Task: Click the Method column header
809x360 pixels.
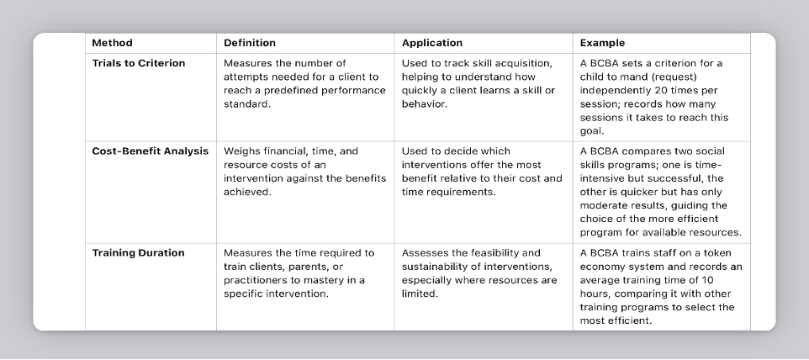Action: click(112, 43)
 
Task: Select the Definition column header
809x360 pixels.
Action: click(249, 43)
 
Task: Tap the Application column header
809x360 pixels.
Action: click(432, 43)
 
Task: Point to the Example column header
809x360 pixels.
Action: click(602, 43)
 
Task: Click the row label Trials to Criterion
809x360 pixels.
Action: click(139, 63)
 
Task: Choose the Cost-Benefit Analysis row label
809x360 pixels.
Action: click(150, 151)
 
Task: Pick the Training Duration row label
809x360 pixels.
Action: click(138, 252)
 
